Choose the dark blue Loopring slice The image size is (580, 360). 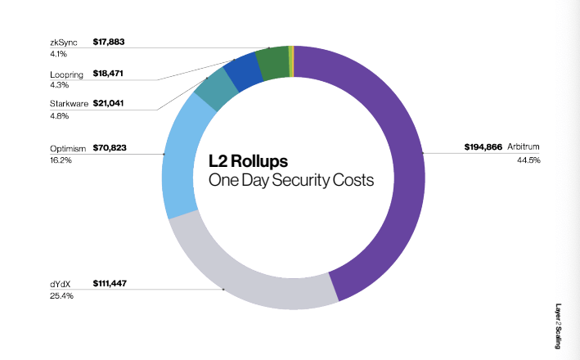[x=241, y=73]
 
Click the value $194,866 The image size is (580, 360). [x=483, y=148]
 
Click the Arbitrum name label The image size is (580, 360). [x=524, y=148]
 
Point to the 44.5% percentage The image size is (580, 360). [x=528, y=160]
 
